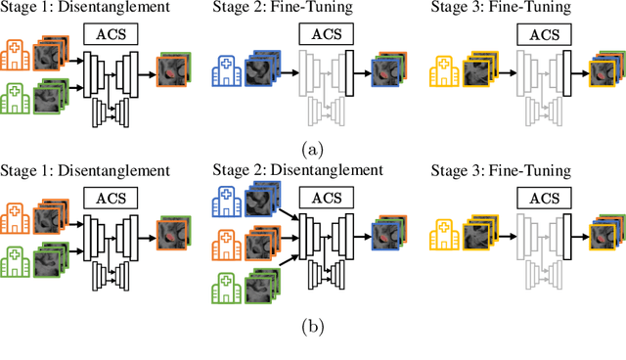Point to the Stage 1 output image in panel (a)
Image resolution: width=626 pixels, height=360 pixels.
point(172,69)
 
